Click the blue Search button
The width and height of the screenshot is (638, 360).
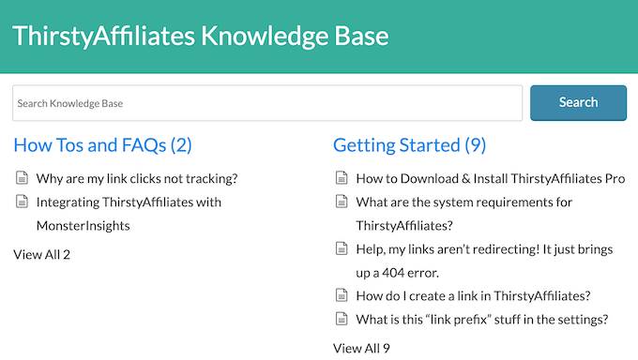coord(578,102)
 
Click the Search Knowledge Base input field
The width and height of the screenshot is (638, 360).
coord(266,103)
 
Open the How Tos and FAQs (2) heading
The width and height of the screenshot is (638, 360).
coord(102,145)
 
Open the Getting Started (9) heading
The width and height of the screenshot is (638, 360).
coord(409,145)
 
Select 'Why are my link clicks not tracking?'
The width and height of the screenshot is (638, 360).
coord(136,178)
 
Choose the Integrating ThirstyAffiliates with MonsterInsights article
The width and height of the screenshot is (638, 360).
coord(129,202)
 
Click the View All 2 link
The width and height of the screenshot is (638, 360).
coord(41,254)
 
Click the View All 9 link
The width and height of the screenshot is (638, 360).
coord(361,348)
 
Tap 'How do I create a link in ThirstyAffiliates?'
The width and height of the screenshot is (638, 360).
coord(473,295)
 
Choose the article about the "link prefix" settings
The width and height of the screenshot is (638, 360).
coord(481,319)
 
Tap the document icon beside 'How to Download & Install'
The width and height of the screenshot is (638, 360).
coord(342,178)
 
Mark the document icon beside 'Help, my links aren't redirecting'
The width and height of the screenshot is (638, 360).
coord(342,248)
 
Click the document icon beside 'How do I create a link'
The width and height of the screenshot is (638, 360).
coord(342,295)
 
